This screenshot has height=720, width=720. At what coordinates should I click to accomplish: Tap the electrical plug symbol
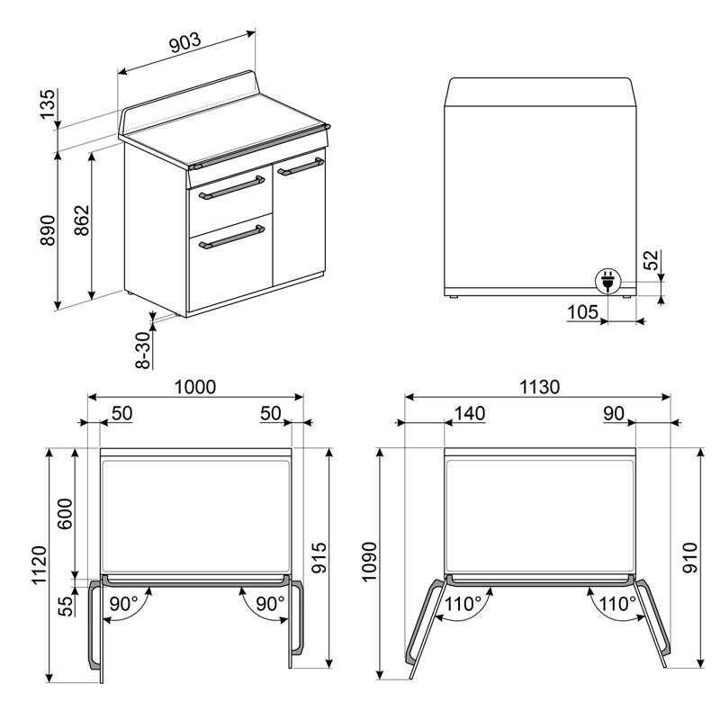(x=607, y=283)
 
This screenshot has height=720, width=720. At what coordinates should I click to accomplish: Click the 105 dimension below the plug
(x=583, y=311)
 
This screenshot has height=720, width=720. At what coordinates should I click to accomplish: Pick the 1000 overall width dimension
(x=195, y=387)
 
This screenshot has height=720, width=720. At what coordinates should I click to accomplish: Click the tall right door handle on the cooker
(x=301, y=165)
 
